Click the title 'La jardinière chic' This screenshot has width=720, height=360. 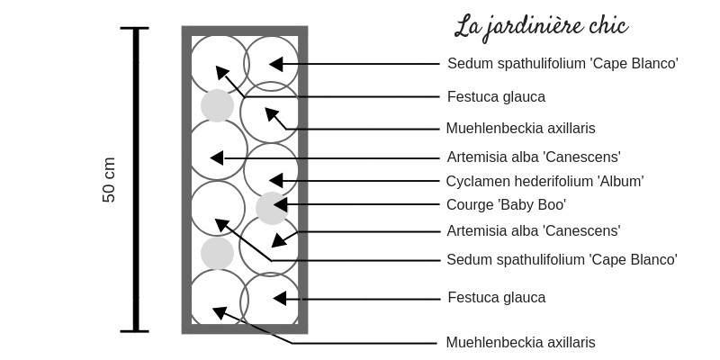pyautogui.click(x=542, y=27)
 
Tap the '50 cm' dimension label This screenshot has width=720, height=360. pyautogui.click(x=109, y=179)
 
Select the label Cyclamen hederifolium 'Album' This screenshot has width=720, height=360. pyautogui.click(x=544, y=182)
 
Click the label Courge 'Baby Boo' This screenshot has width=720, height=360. pyautogui.click(x=506, y=205)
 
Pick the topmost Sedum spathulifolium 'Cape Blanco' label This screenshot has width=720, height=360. pyautogui.click(x=563, y=63)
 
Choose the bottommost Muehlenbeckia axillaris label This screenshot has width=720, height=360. pyautogui.click(x=521, y=342)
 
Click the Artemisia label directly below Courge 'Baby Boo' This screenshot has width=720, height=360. pyautogui.click(x=534, y=230)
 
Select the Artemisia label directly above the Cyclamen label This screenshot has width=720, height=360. pyautogui.click(x=534, y=157)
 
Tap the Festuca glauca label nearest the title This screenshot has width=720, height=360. pyautogui.click(x=497, y=97)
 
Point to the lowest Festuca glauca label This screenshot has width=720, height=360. pyautogui.click(x=497, y=298)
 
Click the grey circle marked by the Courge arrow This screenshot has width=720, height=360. pyautogui.click(x=272, y=208)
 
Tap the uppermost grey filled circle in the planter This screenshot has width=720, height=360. pyautogui.click(x=217, y=105)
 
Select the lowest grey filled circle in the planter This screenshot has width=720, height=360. pyautogui.click(x=217, y=253)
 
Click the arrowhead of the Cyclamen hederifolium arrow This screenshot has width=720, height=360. pyautogui.click(x=276, y=181)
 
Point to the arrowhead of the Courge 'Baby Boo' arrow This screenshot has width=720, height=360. pyautogui.click(x=280, y=204)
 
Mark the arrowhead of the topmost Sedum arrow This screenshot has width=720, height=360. pyautogui.click(x=276, y=64)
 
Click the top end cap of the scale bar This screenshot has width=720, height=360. pyautogui.click(x=134, y=28)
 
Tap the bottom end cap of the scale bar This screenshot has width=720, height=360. pyautogui.click(x=134, y=330)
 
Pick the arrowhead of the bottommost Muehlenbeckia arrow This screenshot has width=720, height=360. pyautogui.click(x=220, y=312)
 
